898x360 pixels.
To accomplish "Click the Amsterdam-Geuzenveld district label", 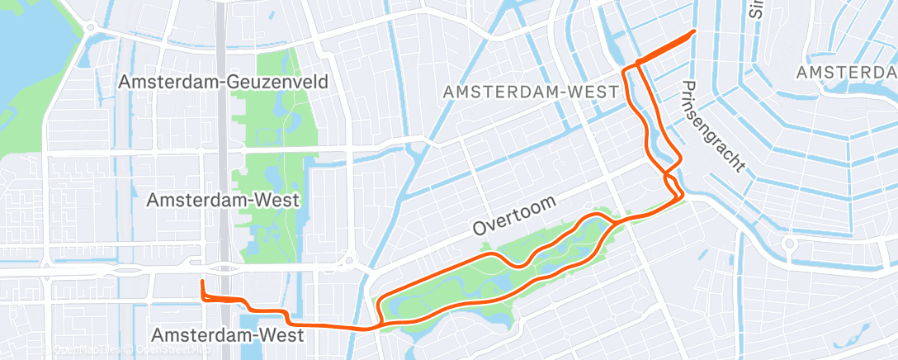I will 224,82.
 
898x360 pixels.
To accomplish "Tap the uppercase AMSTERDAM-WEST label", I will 530,92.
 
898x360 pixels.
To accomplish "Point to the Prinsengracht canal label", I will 714,126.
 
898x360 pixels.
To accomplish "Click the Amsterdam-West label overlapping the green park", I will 222,200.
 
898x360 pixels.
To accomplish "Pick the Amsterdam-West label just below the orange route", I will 228,335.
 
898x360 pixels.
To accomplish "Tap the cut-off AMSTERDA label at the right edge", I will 846,73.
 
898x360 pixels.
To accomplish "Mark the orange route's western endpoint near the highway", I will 201,282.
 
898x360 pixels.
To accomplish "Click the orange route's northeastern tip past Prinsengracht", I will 693,31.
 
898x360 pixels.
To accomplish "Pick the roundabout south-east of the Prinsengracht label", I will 788,244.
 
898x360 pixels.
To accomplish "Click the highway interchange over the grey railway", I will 224,268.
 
